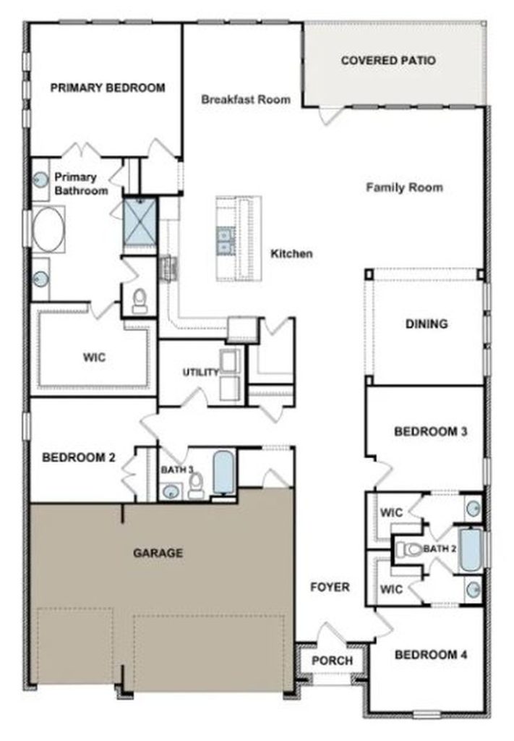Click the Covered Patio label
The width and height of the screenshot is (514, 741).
pos(388,61)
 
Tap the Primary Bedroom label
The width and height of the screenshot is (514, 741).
pos(108,88)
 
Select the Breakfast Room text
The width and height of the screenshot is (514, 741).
pos(246,99)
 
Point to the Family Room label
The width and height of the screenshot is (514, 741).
pos(405,187)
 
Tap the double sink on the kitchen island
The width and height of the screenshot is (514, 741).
pos(223,240)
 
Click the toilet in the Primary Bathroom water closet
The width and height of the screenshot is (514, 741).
pos(140,300)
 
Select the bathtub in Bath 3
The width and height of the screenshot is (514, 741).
pos(223,473)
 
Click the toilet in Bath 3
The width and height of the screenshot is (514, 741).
pos(196,486)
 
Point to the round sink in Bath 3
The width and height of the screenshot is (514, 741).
pos(170,491)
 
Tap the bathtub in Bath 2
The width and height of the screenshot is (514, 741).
pos(471,550)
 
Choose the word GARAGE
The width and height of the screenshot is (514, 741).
pos(158,553)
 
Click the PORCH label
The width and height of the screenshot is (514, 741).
pos(333,661)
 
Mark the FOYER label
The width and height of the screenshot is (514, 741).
pos(330,587)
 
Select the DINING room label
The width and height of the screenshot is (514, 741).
pos(427,324)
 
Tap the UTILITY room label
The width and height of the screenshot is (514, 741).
pos(200,373)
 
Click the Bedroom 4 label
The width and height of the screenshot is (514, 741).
pos(431,654)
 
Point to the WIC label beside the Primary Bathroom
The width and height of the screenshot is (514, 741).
pos(95,357)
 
